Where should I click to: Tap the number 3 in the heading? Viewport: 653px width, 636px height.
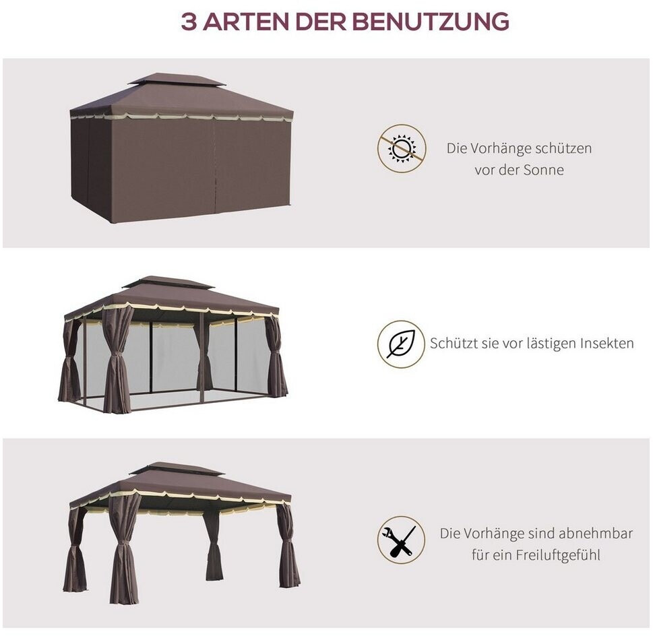[x=189, y=22]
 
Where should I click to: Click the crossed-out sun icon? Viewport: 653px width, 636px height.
[x=402, y=148]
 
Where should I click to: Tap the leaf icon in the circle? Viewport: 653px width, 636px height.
[x=402, y=344]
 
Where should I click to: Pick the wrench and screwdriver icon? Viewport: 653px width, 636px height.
[x=402, y=540]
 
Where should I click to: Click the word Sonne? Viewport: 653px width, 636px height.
[x=543, y=170]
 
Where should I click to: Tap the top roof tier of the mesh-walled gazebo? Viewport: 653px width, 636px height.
[x=168, y=282]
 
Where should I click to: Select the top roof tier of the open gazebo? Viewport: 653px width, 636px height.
[x=177, y=468]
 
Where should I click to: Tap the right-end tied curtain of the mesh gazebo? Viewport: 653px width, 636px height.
[x=275, y=355]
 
